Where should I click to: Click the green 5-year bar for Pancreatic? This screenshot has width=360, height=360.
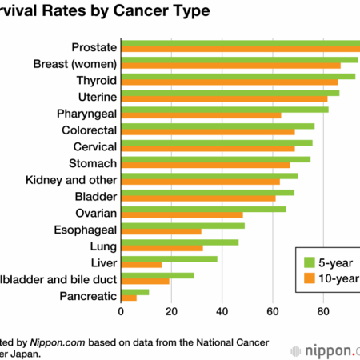[134, 292]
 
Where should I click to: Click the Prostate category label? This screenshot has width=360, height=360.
[94, 46]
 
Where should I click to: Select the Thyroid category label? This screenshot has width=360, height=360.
[96, 80]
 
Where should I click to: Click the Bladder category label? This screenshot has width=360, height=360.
[96, 197]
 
